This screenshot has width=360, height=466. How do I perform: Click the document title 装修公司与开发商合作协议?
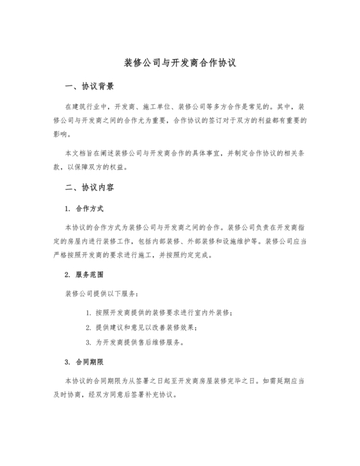click(x=180, y=64)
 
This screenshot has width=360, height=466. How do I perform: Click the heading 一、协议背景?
click(x=89, y=86)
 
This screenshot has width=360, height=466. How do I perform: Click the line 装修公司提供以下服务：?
click(x=98, y=294)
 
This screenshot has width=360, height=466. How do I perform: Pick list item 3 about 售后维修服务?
click(x=135, y=342)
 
